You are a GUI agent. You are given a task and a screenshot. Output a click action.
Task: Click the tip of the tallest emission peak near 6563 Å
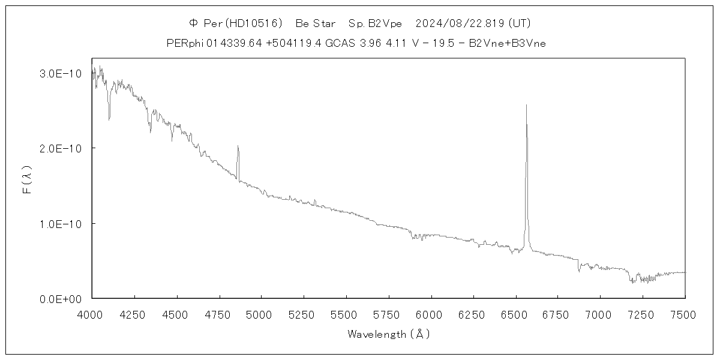(x=526, y=104)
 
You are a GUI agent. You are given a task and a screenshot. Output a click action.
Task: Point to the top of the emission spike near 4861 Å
(x=238, y=145)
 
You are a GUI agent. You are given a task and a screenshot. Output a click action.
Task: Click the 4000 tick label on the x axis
(x=92, y=314)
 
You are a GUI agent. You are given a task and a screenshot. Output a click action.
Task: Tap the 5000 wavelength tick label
(x=261, y=314)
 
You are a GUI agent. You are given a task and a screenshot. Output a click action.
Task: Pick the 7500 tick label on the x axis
(x=685, y=314)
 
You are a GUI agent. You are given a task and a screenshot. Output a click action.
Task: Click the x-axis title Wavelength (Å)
(x=388, y=334)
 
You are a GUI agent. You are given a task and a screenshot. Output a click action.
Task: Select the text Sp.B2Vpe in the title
(x=375, y=23)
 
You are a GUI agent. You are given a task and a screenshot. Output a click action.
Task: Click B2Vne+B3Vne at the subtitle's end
(x=508, y=43)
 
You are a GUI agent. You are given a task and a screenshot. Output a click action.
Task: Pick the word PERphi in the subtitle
(x=185, y=43)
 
